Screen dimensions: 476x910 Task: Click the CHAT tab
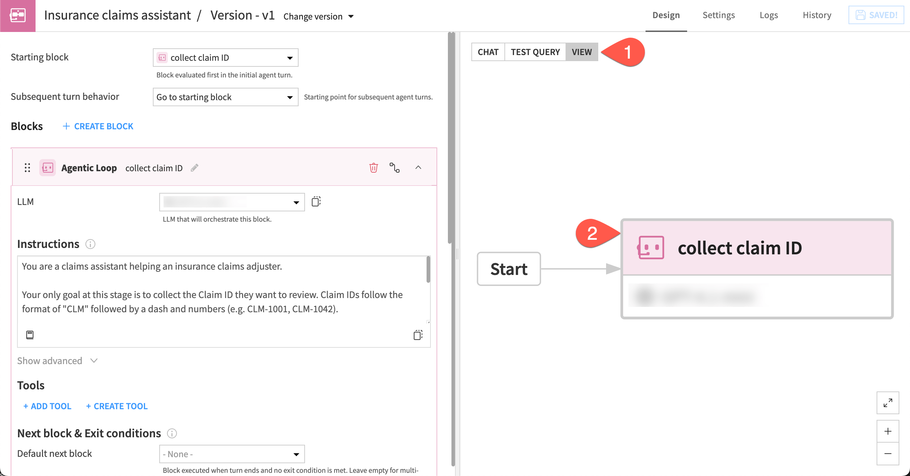[488, 52]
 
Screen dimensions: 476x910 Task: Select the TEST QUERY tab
[535, 52]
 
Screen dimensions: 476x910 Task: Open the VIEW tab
[582, 52]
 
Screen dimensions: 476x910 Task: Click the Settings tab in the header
[718, 15]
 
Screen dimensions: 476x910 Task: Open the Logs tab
[769, 15]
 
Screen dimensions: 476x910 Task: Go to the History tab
[817, 15]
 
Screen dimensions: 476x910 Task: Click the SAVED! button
[876, 15]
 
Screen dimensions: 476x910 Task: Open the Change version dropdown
[318, 16]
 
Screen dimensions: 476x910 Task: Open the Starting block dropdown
[225, 58]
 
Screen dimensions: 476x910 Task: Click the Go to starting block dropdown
[225, 97]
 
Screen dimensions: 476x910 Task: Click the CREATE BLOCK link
[98, 126]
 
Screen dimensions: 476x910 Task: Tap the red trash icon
[373, 168]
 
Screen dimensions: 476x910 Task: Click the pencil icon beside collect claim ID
[194, 168]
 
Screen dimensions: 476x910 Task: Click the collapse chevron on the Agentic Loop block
[418, 168]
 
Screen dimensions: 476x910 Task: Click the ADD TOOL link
[47, 406]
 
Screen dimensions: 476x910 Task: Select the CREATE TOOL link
[117, 406]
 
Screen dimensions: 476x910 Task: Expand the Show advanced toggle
[57, 361]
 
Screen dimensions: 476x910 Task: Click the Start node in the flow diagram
[509, 269]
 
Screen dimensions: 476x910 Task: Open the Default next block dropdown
[232, 454]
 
